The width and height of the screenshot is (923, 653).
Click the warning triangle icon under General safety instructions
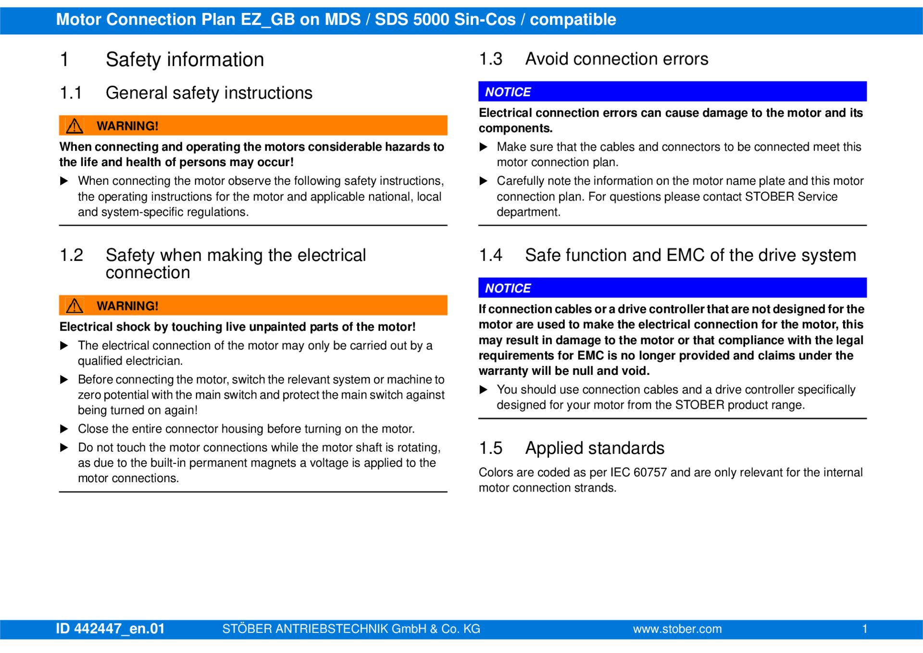coord(75,126)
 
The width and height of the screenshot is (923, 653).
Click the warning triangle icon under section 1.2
coord(75,306)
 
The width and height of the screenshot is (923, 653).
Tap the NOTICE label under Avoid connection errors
coord(508,92)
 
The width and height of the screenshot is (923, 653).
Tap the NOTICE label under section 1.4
coord(508,288)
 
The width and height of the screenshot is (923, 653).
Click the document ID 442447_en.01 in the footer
coord(110,628)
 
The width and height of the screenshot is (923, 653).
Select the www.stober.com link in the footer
coord(677,629)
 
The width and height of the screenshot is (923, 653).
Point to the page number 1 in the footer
coord(864,629)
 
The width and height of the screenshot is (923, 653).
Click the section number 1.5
coord(490,448)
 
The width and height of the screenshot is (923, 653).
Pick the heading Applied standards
coord(595,448)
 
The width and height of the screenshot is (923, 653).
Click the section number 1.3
coord(490,59)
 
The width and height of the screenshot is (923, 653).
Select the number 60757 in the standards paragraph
coord(650,473)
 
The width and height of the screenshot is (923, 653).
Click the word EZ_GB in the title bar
coord(268,20)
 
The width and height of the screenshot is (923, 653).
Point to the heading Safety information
coord(185,60)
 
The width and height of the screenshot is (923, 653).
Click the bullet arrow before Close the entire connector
coord(64,429)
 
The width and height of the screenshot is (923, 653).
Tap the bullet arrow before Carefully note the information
coord(484,181)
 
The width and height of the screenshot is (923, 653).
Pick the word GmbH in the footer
coord(409,629)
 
